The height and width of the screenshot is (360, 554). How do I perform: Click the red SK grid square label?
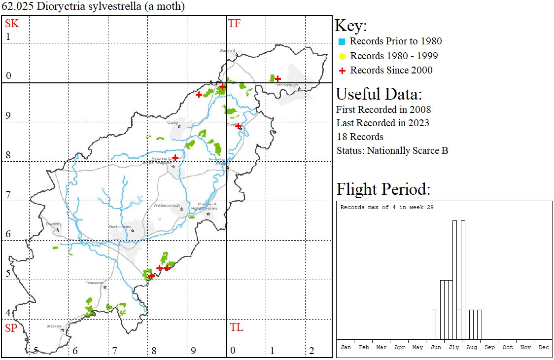click(x=12, y=23)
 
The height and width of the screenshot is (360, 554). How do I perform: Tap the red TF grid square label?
click(x=234, y=23)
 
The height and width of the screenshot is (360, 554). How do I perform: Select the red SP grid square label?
click(x=11, y=328)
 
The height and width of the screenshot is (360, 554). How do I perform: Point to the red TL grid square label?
click(x=237, y=327)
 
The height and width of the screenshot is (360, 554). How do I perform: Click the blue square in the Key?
click(x=342, y=41)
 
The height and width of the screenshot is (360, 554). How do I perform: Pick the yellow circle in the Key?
click(x=342, y=56)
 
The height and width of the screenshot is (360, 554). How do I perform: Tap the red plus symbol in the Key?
click(x=342, y=71)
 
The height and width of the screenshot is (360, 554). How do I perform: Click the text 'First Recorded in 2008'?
click(x=383, y=109)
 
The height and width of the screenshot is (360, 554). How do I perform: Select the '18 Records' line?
click(x=360, y=137)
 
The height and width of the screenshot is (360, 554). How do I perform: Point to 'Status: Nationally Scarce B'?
click(x=392, y=150)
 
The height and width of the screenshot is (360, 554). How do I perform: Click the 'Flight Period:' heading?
click(x=383, y=189)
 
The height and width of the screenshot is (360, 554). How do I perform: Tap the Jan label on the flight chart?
click(x=346, y=347)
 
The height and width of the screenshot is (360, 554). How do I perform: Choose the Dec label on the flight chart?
click(x=544, y=347)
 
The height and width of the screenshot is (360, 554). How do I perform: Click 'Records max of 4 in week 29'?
click(x=387, y=207)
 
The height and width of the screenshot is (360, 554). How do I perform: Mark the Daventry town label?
click(x=53, y=224)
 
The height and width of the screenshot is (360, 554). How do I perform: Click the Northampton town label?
click(x=121, y=226)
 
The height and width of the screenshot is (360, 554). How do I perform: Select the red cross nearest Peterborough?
click(x=278, y=78)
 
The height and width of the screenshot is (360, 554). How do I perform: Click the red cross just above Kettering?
click(x=175, y=157)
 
